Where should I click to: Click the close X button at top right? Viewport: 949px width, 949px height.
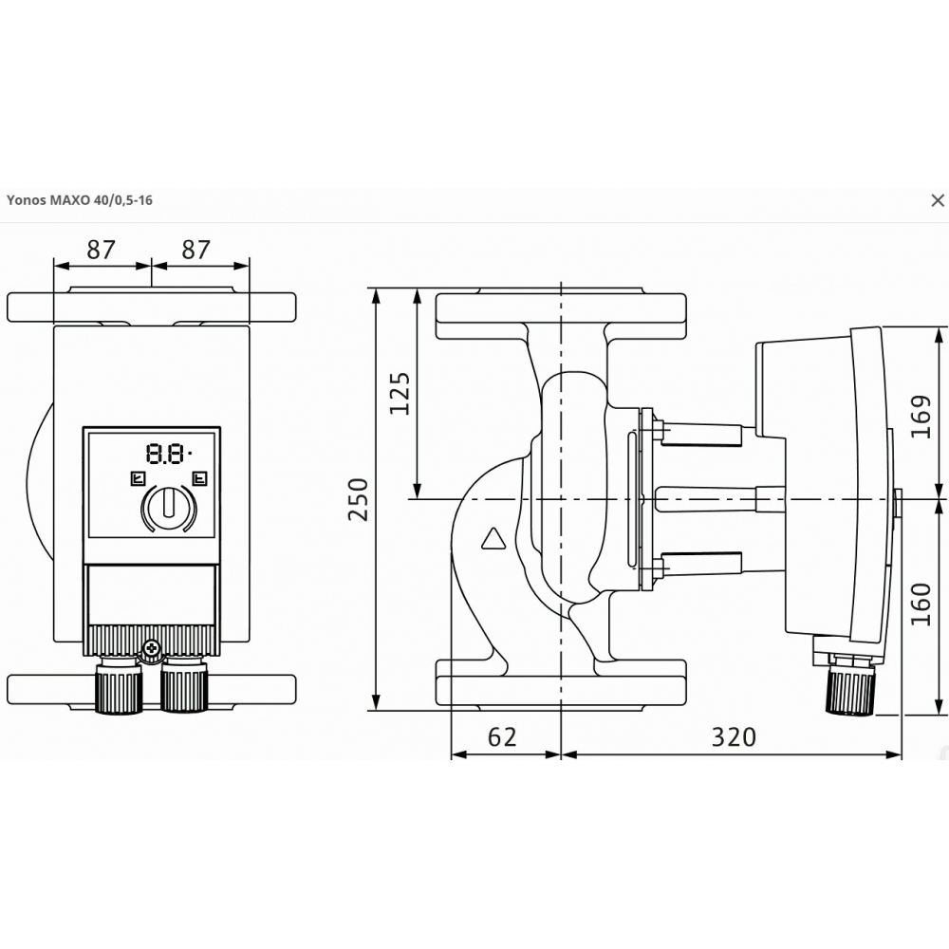point(938,200)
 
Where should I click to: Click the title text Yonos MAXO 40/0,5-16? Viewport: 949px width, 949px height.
point(80,200)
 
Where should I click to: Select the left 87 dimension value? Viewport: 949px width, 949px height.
point(101,250)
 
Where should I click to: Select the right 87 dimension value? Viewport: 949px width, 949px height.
point(195,250)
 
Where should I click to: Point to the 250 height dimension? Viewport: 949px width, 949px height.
point(359,498)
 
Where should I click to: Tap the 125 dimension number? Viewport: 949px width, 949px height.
point(400,392)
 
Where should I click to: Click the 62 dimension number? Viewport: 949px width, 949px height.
point(503,735)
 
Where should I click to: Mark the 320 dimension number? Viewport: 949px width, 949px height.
point(733,735)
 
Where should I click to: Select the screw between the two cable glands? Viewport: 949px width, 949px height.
point(152,649)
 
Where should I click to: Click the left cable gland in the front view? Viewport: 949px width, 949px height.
point(119,688)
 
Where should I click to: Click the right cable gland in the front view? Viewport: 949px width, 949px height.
point(183,688)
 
